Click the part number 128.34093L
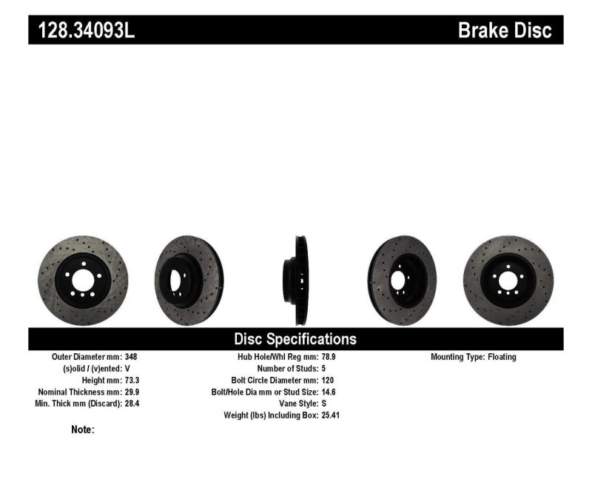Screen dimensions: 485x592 (82, 31)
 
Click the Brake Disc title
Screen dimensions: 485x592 (505, 31)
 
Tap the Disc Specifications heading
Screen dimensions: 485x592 (295, 339)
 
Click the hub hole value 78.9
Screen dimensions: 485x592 (329, 357)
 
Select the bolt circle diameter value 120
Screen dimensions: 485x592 (328, 380)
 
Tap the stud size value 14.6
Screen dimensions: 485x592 (329, 392)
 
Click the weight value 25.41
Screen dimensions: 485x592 (331, 415)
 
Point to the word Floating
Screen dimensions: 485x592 (502, 357)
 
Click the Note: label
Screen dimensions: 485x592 (83, 429)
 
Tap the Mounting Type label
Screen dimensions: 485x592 (457, 357)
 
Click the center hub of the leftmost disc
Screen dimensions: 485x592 (83, 281)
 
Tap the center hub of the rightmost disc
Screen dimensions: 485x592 (508, 281)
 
